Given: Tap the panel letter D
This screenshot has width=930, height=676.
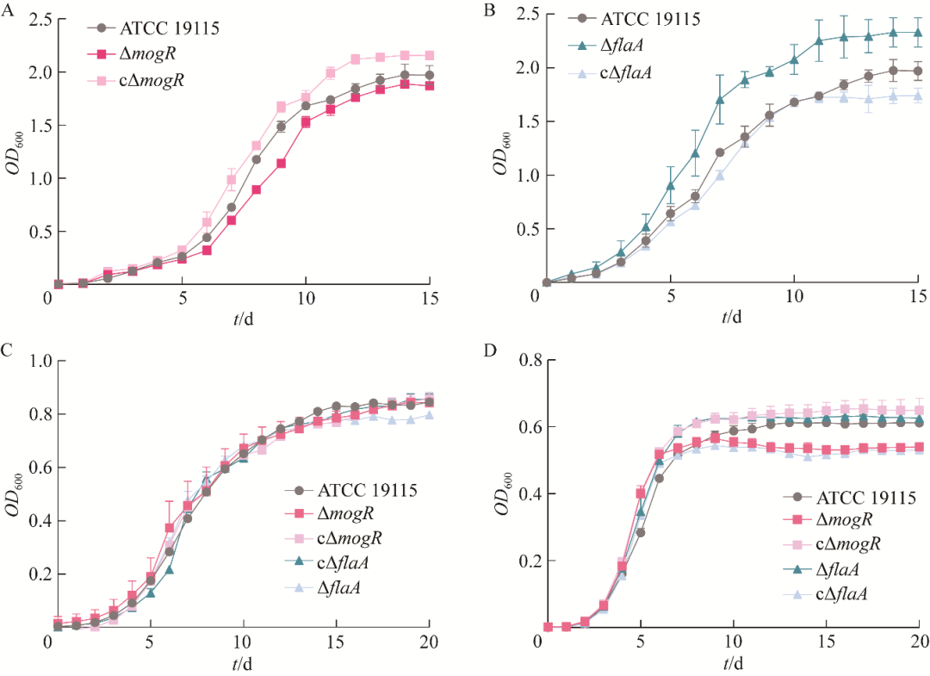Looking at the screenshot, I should (x=492, y=350).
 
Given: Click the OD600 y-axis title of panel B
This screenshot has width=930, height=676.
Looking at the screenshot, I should (x=501, y=151).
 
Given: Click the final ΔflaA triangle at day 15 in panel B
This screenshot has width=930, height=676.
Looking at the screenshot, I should (x=918, y=33).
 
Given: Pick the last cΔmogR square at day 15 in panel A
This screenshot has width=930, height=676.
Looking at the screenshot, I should (x=430, y=55).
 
